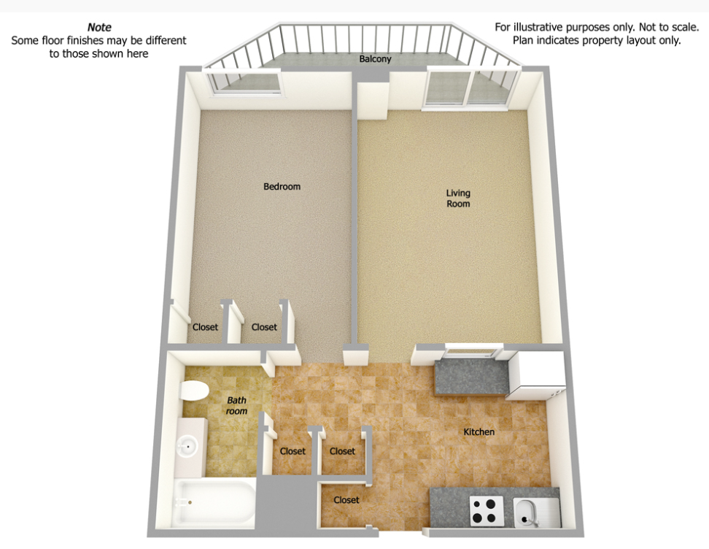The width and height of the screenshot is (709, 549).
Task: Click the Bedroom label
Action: [282, 186]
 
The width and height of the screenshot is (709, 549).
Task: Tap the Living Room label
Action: [458, 199]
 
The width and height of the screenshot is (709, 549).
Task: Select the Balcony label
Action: [376, 59]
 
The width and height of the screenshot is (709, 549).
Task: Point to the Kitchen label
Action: [479, 431]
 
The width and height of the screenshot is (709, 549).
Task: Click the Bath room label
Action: [236, 405]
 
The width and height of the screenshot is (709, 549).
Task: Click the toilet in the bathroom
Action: [195, 391]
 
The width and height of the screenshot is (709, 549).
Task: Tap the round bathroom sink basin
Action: [187, 447]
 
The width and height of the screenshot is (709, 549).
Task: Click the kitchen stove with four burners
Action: [487, 511]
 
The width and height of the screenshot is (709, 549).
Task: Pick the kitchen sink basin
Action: [526, 513]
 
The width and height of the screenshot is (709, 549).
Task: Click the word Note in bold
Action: [99, 27]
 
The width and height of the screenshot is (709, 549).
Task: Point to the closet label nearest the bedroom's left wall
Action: [205, 327]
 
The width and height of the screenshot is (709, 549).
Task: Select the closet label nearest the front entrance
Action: [346, 499]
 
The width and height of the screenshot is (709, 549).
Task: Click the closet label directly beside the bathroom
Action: [292, 450]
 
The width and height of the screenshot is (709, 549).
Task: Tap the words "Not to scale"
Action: [668, 27]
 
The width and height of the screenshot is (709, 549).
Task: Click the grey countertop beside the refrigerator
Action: [470, 377]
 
